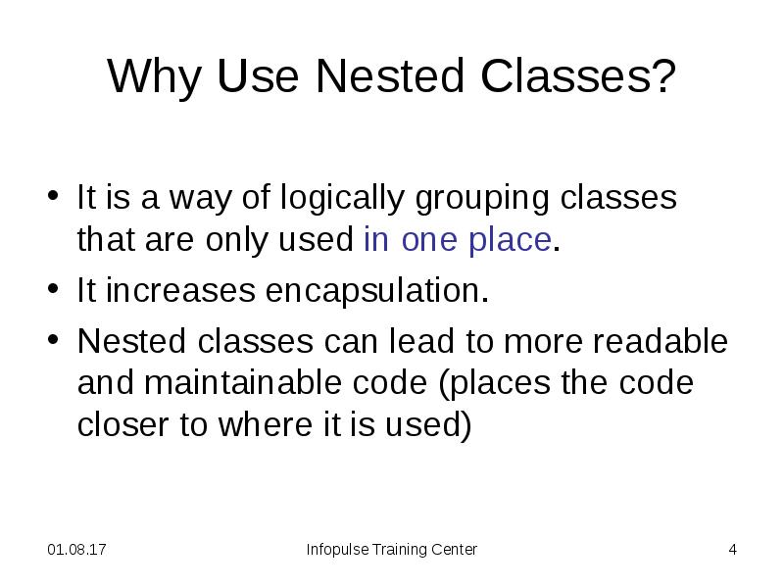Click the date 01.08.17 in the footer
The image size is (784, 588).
tap(77, 550)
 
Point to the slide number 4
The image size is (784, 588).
tap(732, 550)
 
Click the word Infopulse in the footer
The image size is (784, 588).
tap(337, 550)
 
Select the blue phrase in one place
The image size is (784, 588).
tap(457, 240)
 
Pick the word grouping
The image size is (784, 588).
tap(485, 199)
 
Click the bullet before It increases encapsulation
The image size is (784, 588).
tap(54, 291)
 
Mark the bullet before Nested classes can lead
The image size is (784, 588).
tap(54, 342)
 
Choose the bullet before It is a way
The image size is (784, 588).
tap(54, 199)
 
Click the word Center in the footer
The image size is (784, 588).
tap(454, 550)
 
